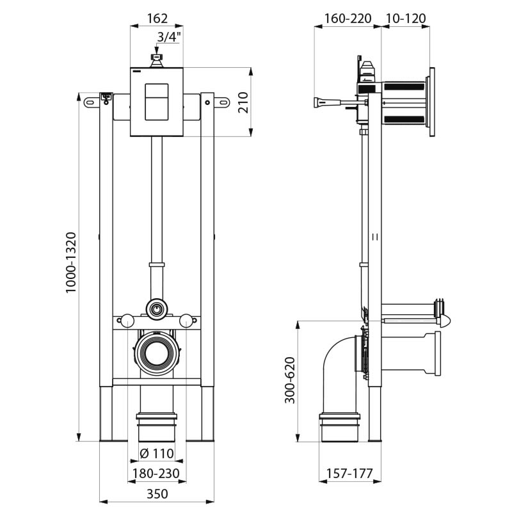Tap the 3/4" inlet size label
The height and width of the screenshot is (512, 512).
(x=169, y=37)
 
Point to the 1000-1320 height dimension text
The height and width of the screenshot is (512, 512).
(x=72, y=262)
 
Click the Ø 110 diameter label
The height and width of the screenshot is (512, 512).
(x=157, y=454)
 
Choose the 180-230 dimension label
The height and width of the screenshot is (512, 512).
(x=157, y=474)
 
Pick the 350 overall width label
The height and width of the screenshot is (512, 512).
(x=157, y=494)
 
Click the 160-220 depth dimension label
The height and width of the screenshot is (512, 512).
(x=348, y=19)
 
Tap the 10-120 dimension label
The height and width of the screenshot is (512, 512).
(x=406, y=19)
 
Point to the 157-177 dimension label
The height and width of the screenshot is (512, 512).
(x=349, y=474)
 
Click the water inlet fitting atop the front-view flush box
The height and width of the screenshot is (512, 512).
(x=157, y=60)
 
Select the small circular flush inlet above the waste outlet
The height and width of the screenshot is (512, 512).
(x=156, y=308)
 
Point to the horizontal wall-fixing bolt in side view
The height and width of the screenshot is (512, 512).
(x=333, y=101)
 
